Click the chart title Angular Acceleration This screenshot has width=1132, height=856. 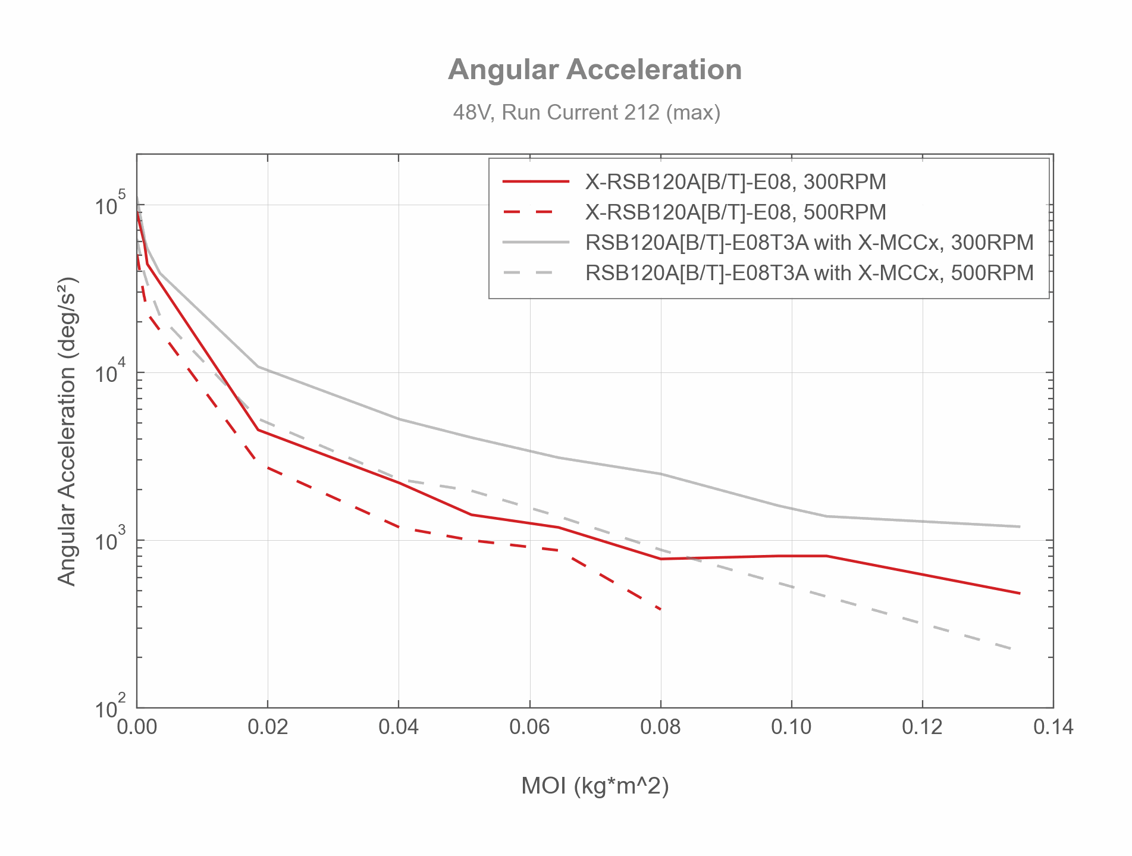595,70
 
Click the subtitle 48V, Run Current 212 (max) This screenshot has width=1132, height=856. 587,112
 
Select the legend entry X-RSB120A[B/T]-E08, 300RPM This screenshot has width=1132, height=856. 735,181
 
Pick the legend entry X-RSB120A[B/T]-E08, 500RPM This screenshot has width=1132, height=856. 735,212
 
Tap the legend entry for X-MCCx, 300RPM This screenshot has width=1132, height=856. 809,243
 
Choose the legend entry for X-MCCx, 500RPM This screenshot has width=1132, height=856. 809,273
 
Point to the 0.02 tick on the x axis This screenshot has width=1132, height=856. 268,727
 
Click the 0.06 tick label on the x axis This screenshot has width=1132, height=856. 529,727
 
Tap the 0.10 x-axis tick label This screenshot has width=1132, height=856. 791,727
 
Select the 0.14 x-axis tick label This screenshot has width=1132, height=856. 1053,727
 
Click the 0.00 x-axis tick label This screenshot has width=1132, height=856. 137,727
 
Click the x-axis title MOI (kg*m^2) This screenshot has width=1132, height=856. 595,786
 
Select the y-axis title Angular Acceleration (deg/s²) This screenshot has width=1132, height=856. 67,431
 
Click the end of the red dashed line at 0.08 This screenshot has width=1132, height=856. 660,609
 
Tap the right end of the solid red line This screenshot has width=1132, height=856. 1020,593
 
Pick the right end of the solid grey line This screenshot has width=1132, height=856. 1020,526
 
